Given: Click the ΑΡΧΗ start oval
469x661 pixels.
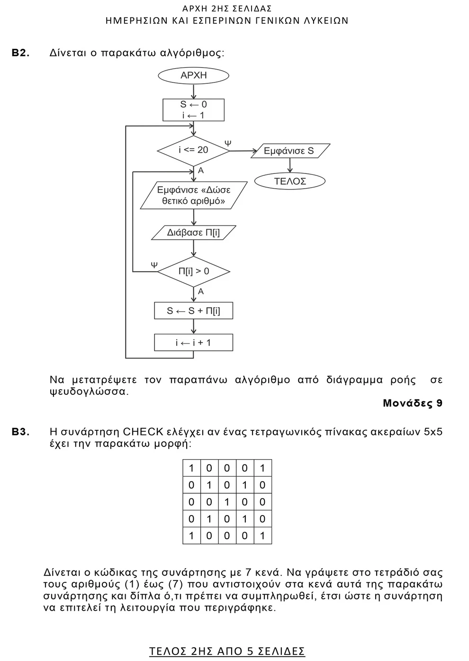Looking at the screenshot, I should tap(193, 75).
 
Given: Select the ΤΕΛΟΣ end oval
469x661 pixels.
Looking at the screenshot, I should tap(290, 181).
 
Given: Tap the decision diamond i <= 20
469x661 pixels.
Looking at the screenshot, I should tap(193, 150).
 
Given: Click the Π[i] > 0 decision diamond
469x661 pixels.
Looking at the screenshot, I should tap(193, 272).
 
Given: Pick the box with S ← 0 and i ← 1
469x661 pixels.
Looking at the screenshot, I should tap(193, 110).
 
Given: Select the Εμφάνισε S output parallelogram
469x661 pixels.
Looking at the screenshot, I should tap(289, 151).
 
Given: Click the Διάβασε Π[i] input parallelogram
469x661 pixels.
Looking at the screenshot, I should tap(193, 233).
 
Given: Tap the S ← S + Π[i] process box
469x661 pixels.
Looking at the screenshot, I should tap(193, 311).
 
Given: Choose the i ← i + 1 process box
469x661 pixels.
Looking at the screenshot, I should tap(193, 343).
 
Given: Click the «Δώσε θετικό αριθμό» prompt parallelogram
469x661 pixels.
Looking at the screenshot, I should tap(193, 195).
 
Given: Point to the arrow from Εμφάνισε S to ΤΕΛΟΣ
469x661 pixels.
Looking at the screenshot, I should tap(290, 165).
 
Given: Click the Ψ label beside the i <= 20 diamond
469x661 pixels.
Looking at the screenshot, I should tap(228, 143).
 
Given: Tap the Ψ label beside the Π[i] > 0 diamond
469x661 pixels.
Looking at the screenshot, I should tap(154, 265).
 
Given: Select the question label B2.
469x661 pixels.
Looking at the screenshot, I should tap(21, 53).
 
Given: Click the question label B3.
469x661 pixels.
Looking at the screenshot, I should tap(21, 432).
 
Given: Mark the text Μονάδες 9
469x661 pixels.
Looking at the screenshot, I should tap(413, 403).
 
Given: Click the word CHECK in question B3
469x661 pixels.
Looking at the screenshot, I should tap(143, 432).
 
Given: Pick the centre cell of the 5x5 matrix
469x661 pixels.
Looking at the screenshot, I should tap(227, 502).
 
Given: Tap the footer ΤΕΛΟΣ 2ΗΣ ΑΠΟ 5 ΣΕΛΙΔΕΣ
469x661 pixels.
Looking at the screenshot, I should tap(227, 651).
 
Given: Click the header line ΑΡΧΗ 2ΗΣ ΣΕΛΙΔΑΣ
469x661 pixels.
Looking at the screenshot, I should tap(227, 9).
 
